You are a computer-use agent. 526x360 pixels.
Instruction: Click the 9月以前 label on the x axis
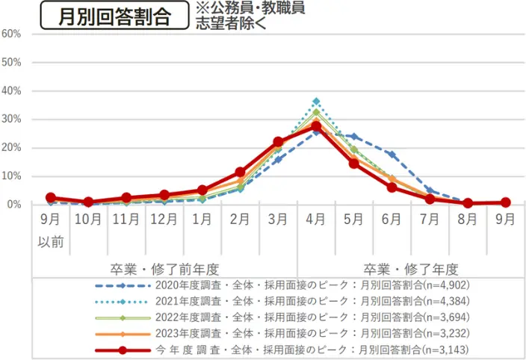[50, 231]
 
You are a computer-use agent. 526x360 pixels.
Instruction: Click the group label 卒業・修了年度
[411, 269]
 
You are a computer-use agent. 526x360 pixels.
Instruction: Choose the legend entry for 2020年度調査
[284, 285]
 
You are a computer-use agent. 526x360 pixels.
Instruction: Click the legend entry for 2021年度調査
[284, 300]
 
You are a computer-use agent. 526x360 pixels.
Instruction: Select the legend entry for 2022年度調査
[284, 317]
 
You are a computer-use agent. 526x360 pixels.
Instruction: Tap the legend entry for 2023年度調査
[284, 332]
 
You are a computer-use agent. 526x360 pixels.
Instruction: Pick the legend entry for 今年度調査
[284, 349]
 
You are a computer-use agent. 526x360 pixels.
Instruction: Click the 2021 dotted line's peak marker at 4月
[316, 102]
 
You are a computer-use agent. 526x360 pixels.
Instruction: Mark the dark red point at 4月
[316, 126]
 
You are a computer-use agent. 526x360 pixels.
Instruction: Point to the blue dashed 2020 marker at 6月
[392, 155]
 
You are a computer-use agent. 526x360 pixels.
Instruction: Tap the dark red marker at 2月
[240, 173]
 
